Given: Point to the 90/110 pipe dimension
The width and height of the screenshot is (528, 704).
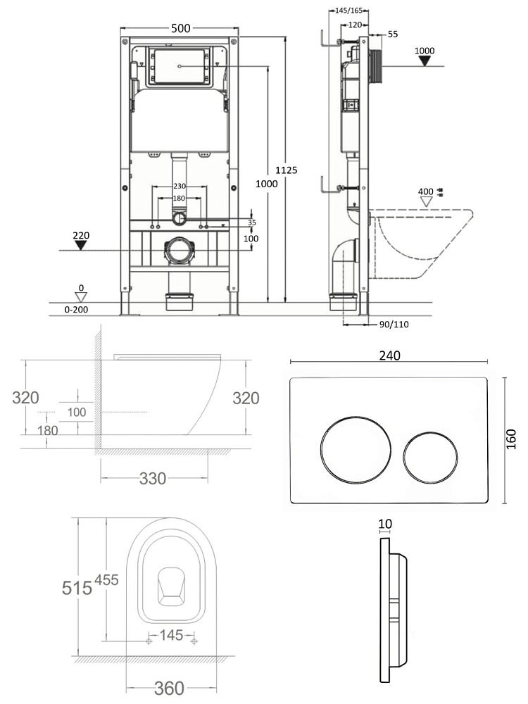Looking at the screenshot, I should (x=395, y=324).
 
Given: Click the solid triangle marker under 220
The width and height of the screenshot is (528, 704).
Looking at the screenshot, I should (x=81, y=245).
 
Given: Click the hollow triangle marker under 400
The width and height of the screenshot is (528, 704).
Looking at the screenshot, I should (x=425, y=201).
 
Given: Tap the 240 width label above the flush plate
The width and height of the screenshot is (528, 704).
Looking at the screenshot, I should (x=389, y=356).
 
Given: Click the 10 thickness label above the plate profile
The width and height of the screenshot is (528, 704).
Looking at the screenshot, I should (x=385, y=524).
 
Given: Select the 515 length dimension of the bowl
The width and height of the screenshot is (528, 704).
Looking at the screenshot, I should (x=77, y=588).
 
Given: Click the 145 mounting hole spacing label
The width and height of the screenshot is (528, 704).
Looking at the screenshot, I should (x=172, y=636).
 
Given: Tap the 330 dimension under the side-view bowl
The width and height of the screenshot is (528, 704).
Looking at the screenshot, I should (x=152, y=479).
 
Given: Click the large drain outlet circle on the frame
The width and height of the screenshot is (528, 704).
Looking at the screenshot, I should (x=180, y=251).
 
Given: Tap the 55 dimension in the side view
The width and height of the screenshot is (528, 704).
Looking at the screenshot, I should (x=393, y=34).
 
